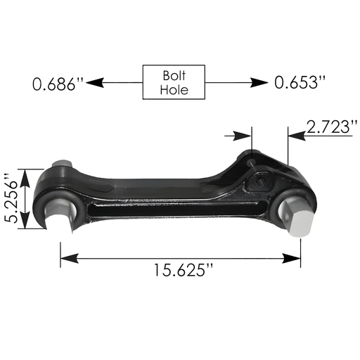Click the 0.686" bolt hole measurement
pos(58,84)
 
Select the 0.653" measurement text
pos(300,83)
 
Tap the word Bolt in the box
pos(174,75)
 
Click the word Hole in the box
pos(174,90)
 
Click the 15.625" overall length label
pos(181,269)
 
